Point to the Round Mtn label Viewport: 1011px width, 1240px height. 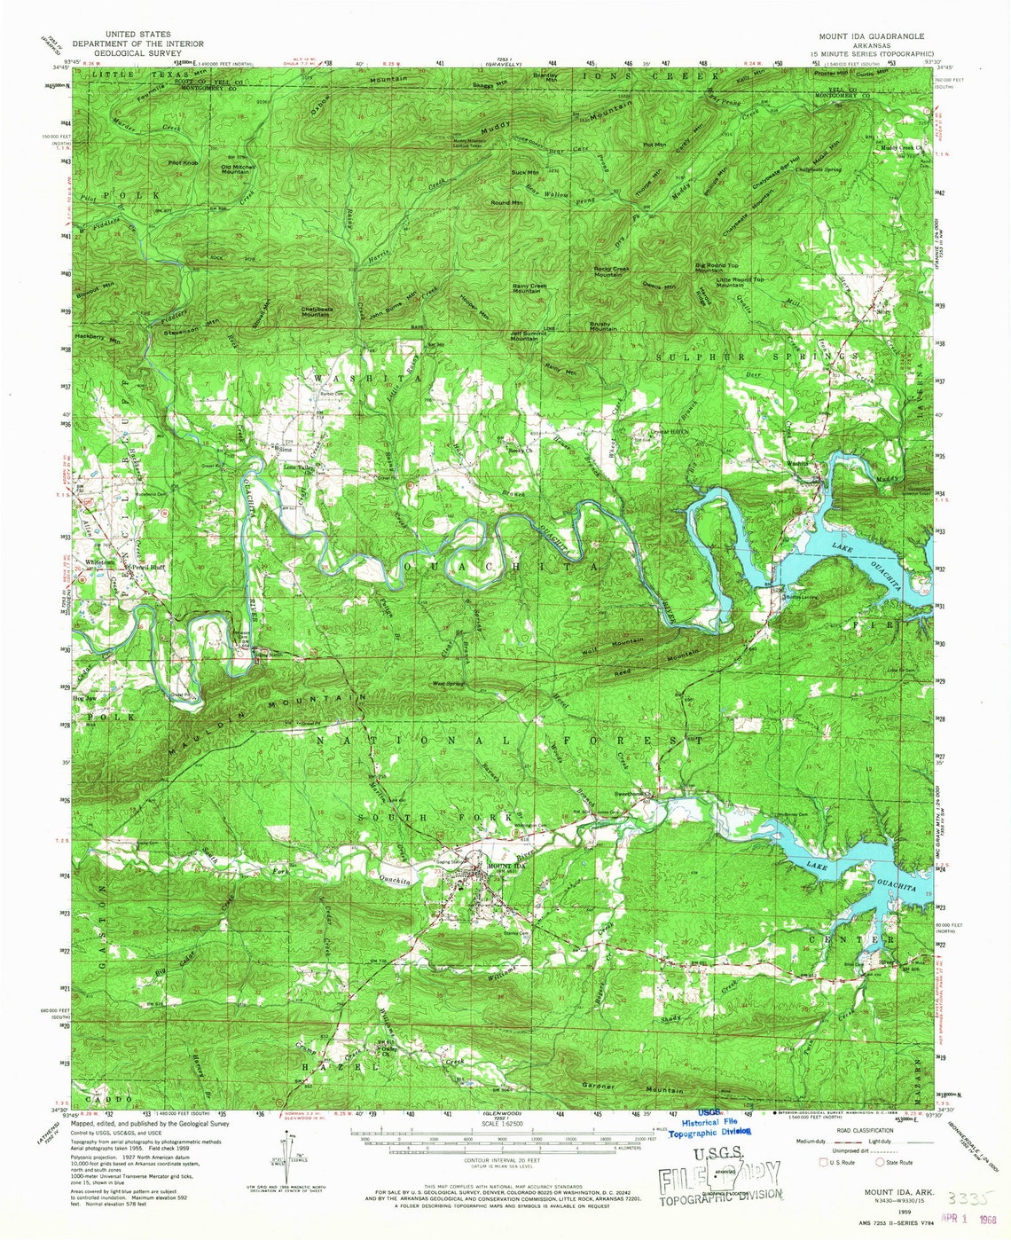(x=506, y=203)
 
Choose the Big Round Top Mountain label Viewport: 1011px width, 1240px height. (x=717, y=267)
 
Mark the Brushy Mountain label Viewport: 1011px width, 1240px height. (x=603, y=326)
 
